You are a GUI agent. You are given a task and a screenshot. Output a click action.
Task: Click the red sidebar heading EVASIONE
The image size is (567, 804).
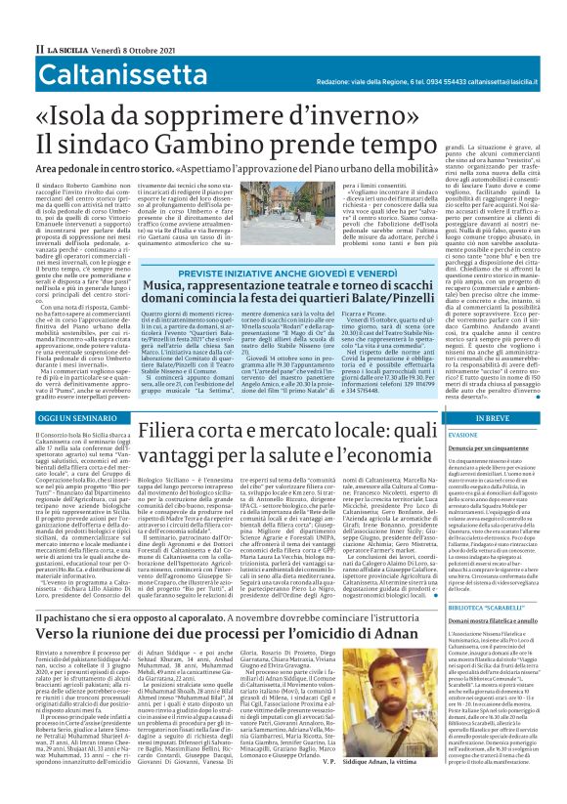click(463, 433)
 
